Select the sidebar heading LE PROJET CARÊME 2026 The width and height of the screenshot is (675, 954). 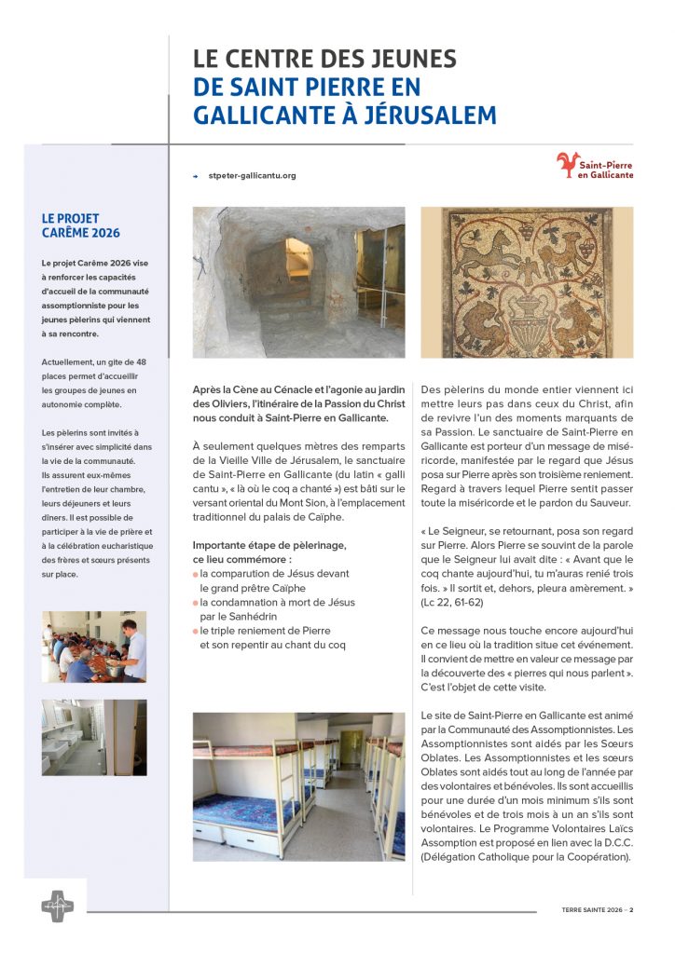(82, 225)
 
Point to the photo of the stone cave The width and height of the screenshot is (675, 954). (298, 282)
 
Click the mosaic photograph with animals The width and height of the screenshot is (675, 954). (526, 282)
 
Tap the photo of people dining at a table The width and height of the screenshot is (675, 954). (93, 647)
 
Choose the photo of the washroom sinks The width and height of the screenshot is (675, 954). (93, 737)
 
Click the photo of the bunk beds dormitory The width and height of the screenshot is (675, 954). (298, 786)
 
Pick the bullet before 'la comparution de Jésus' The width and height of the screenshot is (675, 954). (195, 575)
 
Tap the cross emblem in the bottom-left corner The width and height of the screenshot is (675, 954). (57, 906)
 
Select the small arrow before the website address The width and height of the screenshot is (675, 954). (196, 175)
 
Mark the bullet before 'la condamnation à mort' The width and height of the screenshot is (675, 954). (195, 604)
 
